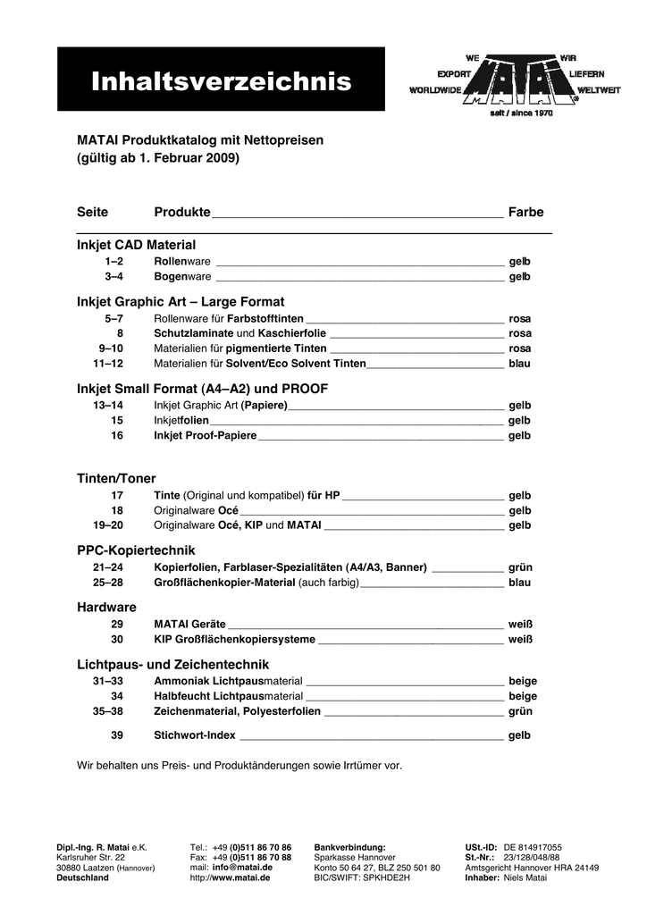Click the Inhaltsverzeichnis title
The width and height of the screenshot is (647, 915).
(x=221, y=83)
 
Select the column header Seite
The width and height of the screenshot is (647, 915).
(x=93, y=212)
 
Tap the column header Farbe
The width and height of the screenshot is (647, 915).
(x=525, y=212)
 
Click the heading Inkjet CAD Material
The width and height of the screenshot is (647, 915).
(x=136, y=244)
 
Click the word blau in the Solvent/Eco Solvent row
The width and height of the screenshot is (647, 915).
(x=519, y=364)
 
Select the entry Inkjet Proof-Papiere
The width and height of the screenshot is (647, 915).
(x=206, y=435)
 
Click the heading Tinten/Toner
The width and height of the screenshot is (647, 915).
(x=116, y=479)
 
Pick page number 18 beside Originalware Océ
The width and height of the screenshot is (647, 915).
(x=116, y=509)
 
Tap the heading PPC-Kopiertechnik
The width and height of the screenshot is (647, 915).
(x=136, y=550)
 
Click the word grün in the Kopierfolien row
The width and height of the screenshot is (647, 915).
(x=520, y=567)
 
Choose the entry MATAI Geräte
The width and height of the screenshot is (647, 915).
(x=189, y=624)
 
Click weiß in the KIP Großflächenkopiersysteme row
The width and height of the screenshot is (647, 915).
(x=520, y=639)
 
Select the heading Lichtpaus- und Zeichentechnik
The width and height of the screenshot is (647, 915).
(x=172, y=664)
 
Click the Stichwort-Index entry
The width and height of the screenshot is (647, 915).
(x=195, y=735)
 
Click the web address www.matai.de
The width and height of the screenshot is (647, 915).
(x=242, y=877)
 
